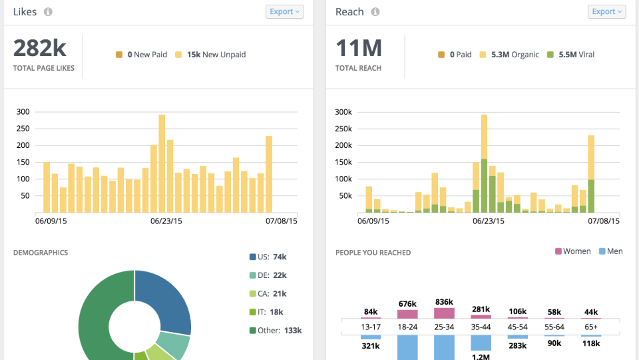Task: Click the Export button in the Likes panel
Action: [284, 11]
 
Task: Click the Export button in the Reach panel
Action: [606, 11]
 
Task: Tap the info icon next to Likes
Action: [48, 12]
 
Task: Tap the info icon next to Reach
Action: [375, 12]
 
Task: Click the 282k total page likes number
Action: [40, 49]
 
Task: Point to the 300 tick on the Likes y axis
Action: [23, 111]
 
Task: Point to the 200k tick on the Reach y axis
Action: [343, 145]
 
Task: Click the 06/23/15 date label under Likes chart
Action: [166, 221]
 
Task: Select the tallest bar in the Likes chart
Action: [162, 163]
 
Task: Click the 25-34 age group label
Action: [443, 327]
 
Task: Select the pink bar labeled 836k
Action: [443, 313]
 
